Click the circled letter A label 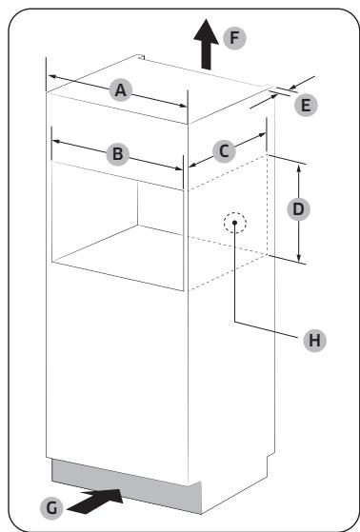click(x=120, y=89)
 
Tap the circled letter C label click(x=223, y=149)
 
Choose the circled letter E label click(x=307, y=106)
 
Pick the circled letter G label click(x=56, y=506)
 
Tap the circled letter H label click(x=309, y=339)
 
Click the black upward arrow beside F click(x=203, y=44)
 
